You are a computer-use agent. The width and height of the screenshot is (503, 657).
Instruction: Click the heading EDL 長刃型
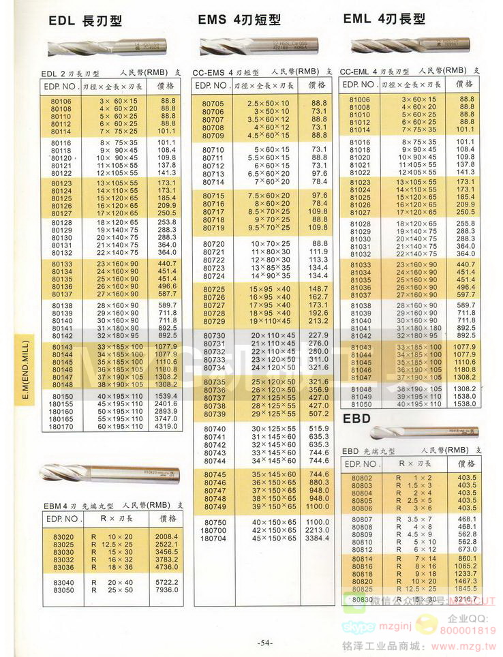pyautogui.click(x=85, y=21)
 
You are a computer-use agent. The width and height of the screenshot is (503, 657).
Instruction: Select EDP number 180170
pyautogui.click(x=61, y=427)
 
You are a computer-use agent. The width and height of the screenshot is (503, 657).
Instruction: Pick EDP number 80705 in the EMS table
pyautogui.click(x=213, y=103)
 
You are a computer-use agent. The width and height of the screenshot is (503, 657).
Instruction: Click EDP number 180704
pyautogui.click(x=213, y=538)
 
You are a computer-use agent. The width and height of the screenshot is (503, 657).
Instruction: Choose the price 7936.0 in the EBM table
pyautogui.click(x=166, y=590)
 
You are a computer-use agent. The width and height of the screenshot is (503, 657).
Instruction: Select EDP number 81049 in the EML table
pyautogui.click(x=361, y=396)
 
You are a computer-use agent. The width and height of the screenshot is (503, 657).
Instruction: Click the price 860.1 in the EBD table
pyautogui.click(x=466, y=558)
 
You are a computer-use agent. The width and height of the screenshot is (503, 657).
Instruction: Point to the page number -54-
pyautogui.click(x=265, y=643)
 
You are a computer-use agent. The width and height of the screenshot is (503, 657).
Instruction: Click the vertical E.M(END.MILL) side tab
pyautogui.click(x=25, y=368)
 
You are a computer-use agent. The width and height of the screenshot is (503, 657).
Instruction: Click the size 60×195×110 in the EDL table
pyautogui.click(x=121, y=427)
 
